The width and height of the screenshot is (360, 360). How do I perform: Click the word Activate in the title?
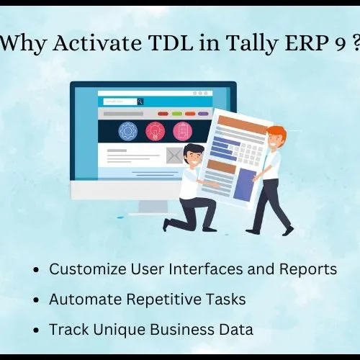[x=97, y=43]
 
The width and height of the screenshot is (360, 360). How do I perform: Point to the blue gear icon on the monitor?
[x=128, y=131]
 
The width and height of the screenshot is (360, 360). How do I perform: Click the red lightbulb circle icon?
[x=156, y=131]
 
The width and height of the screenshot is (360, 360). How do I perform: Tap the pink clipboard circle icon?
[x=183, y=131]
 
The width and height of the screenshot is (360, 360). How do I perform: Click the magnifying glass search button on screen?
[x=140, y=102]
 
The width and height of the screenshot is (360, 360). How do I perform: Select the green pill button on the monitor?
[x=177, y=114]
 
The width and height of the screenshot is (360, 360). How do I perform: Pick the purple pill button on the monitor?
[x=203, y=114]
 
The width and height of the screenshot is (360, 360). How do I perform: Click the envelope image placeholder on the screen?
[x=174, y=156]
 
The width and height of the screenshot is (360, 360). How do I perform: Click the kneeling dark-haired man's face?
[x=193, y=158]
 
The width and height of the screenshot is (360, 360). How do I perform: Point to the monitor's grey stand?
[x=153, y=207]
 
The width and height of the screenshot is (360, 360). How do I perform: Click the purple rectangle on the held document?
[x=245, y=184]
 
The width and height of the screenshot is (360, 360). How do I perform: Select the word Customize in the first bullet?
[x=88, y=269]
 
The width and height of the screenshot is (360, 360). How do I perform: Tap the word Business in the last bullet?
[x=182, y=329]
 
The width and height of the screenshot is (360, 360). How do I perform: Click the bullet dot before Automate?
[x=36, y=300]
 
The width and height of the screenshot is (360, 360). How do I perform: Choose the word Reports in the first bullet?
[x=308, y=269]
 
